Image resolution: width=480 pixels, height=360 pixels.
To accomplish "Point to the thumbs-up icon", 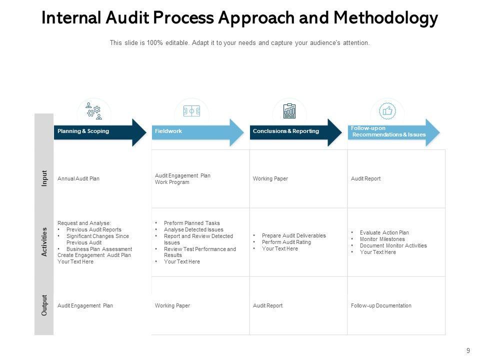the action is pos(387,110).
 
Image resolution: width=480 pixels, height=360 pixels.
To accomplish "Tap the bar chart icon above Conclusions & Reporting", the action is pos(289,110).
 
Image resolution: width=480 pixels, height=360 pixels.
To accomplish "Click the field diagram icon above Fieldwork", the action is pos(192,110).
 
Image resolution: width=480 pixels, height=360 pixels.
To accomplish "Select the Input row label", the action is pos(44,178).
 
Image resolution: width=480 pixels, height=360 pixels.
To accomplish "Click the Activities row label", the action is pos(44,242).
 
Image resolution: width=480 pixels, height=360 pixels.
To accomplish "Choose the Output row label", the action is pos(44,305).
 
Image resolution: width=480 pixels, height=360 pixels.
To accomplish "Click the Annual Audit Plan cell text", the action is pos(78,178).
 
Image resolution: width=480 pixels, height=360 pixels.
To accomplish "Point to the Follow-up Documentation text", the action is pos(381,305).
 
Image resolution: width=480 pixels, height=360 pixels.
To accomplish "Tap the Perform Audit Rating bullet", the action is pos(286,242).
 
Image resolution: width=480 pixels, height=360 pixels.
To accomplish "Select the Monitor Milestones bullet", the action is pos(382,239).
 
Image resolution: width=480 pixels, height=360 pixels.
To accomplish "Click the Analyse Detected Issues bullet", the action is pos(193,229).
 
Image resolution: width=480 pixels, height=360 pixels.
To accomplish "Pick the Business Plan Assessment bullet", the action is pos(99,249).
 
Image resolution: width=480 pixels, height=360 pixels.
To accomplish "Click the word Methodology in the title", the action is pos(385,18).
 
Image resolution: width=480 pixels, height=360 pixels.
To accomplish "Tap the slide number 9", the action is pos(468,351).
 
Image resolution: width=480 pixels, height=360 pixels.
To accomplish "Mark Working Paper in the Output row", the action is pos(172,305).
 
